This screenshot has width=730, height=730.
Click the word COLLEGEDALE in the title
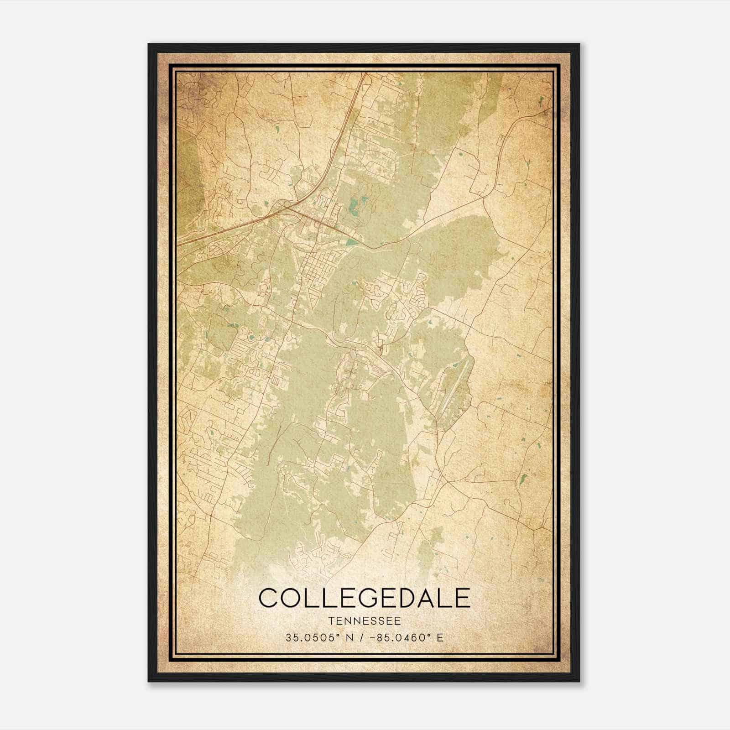point(364,598)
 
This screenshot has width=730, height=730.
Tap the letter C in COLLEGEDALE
point(269,598)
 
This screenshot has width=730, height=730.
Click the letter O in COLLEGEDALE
point(291,598)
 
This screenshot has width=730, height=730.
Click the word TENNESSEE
point(364,621)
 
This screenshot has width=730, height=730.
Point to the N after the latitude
point(350,637)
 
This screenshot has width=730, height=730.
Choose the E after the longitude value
point(440,637)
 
